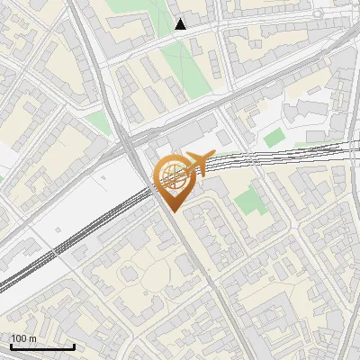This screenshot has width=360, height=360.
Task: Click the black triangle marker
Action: pos(181,24)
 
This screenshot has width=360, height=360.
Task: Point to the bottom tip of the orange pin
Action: pos(172,212)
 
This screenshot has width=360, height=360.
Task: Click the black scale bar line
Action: pos(41,347)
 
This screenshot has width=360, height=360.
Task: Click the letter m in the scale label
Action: pos(33,338)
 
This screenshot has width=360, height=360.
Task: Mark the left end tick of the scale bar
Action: pos(10,346)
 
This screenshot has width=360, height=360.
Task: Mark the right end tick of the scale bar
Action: pos(74,346)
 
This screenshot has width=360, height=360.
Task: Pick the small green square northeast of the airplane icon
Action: pos(274,138)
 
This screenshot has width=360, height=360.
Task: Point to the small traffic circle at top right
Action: pos(318,15)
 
